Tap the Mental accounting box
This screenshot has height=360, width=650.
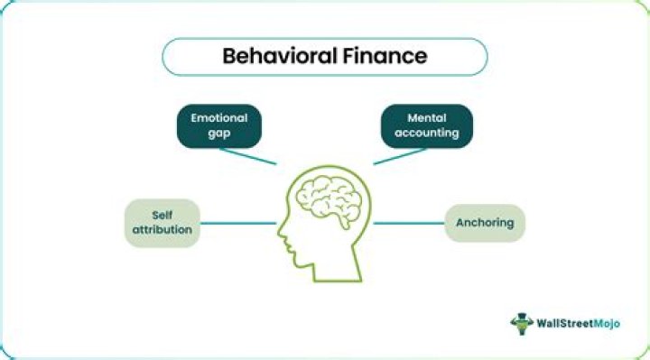click(x=426, y=125)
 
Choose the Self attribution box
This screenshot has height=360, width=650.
click(x=162, y=223)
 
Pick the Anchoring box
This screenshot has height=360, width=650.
click(x=485, y=222)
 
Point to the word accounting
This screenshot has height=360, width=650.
click(x=426, y=134)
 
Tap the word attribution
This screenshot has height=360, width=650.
click(x=162, y=231)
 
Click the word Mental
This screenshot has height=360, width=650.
click(x=426, y=117)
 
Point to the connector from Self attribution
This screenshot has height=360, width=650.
click(x=237, y=223)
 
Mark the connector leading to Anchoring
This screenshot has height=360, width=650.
click(x=409, y=223)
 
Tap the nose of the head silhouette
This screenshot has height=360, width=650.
click(x=281, y=240)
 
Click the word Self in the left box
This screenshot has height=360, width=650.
click(x=162, y=215)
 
